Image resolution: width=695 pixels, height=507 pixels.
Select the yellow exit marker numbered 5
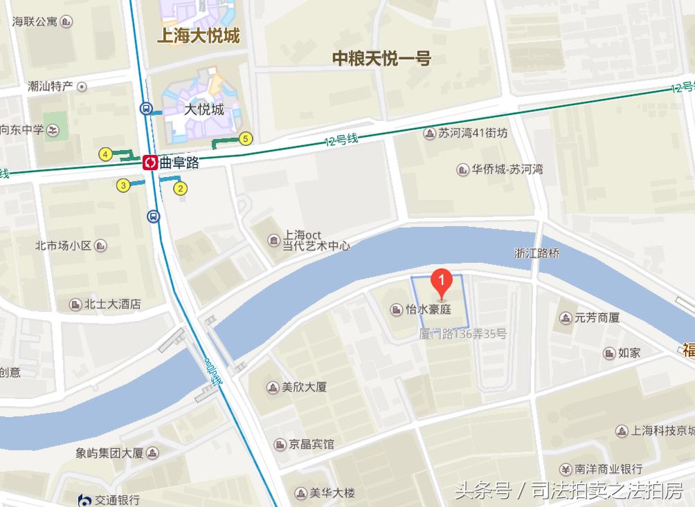tap(245, 138)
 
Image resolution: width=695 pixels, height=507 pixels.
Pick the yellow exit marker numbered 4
tap(105, 154)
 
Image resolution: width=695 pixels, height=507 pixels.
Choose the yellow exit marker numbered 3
tap(123, 185)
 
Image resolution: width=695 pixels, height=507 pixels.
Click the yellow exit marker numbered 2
tap(180, 187)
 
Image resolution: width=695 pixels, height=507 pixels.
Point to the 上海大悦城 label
tap(198, 35)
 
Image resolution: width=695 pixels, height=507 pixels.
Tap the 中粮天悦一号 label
tap(381, 59)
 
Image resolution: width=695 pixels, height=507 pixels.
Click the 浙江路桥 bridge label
tap(536, 253)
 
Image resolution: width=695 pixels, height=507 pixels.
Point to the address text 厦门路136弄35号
tap(463, 334)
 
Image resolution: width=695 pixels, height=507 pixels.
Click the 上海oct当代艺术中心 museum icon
tap(274, 240)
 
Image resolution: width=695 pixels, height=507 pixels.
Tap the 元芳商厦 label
tap(596, 318)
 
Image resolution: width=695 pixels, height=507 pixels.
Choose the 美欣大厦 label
tap(304, 387)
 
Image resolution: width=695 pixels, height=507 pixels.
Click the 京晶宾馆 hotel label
tap(312, 444)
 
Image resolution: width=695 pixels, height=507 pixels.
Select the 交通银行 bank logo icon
tap(85, 499)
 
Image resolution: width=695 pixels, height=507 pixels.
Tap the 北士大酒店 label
tap(112, 304)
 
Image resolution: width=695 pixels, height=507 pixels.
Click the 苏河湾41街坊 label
tap(473, 133)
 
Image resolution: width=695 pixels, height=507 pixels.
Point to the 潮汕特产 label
tap(50, 86)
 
